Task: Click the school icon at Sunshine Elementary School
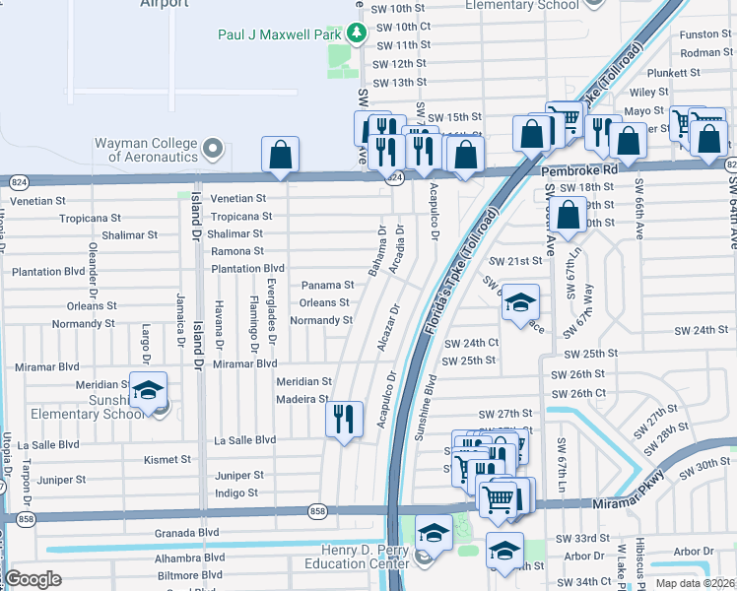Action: tap(148, 391)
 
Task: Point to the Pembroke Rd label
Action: tap(578, 169)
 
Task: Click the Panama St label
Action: tap(326, 285)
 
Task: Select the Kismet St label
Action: tap(167, 459)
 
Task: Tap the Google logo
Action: tap(33, 579)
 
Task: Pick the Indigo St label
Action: tap(235, 492)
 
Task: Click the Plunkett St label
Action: tap(673, 72)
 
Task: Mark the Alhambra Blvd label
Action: tap(184, 557)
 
